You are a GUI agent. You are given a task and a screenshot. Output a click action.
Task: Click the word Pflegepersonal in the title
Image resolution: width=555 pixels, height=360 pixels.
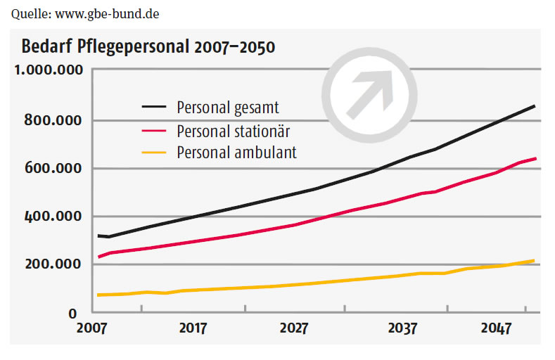(136, 48)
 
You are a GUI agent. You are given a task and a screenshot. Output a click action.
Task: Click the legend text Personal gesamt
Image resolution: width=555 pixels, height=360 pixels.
(228, 108)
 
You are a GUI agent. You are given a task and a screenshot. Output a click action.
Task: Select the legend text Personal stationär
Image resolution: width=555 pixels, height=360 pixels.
(233, 131)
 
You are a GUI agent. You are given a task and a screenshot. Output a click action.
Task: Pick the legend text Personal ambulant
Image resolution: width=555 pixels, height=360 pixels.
(236, 153)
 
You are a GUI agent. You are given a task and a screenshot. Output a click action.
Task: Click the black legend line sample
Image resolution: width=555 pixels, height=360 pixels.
(155, 108)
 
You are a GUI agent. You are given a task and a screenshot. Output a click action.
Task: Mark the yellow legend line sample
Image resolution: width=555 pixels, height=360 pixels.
(155, 153)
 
